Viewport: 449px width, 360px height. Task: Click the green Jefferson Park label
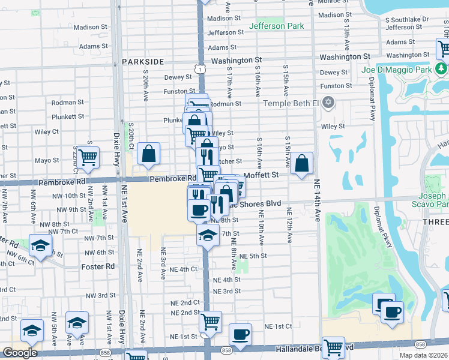[x=276, y=26]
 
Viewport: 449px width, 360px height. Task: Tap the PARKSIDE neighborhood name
[x=143, y=62]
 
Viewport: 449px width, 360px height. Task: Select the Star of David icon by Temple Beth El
[x=327, y=103]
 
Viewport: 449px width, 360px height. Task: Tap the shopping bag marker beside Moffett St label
[x=302, y=163]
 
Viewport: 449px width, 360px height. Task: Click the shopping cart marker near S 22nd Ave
[x=88, y=157]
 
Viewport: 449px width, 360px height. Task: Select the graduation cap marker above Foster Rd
[x=40, y=246]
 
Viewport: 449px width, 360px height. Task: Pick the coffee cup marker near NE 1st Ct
[x=241, y=334]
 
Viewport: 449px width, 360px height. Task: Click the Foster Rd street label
[x=98, y=266]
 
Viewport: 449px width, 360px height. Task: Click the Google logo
[x=20, y=353]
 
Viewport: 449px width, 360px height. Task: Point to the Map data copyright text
[x=424, y=355]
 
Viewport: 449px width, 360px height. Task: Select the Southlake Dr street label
[x=408, y=19]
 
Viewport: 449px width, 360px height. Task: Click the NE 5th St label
[x=253, y=256]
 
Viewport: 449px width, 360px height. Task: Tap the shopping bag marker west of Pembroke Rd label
[x=148, y=154]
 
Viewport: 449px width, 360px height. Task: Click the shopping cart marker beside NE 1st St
[x=210, y=322]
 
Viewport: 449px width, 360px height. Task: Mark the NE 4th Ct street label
[x=184, y=269]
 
